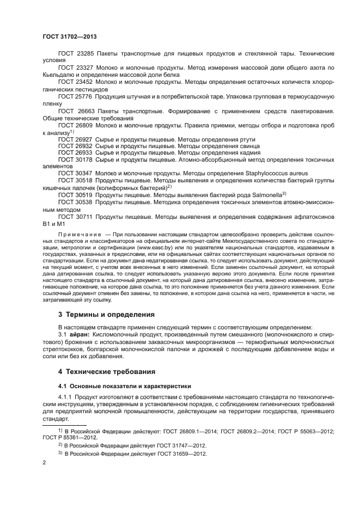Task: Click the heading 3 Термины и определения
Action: (x=107, y=315)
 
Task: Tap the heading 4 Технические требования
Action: (x=107, y=371)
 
